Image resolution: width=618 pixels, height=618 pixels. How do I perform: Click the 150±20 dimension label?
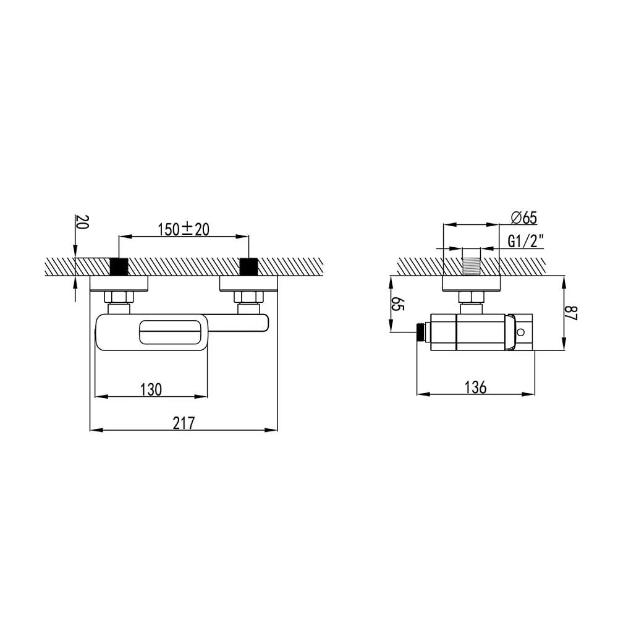click(184, 229)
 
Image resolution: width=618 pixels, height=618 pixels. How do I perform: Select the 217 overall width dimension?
click(184, 423)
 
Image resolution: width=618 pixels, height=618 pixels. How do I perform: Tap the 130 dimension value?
click(151, 389)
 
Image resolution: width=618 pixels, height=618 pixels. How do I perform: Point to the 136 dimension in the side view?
click(476, 387)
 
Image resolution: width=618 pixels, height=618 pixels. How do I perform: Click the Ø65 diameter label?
click(524, 218)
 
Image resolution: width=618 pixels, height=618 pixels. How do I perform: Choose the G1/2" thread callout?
click(526, 241)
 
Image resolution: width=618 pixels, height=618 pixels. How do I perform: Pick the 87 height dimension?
click(570, 313)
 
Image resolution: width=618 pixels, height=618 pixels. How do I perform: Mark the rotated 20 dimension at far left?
click(82, 222)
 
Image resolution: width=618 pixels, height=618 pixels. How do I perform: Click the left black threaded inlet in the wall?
click(119, 266)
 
